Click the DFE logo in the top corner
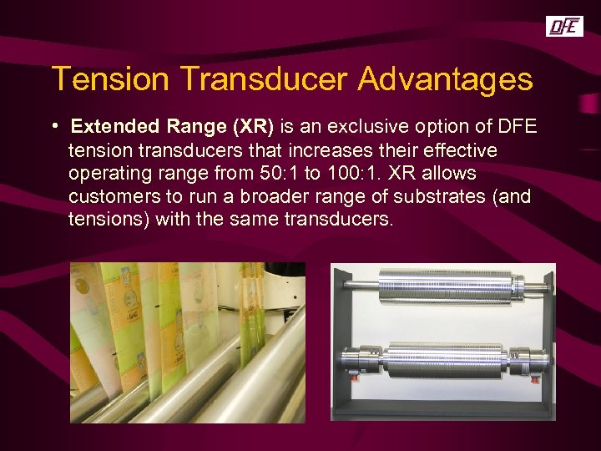(x=563, y=27)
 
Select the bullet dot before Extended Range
(x=53, y=126)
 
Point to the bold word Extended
(x=114, y=127)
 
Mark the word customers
(x=114, y=197)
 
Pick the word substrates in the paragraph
(x=439, y=197)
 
